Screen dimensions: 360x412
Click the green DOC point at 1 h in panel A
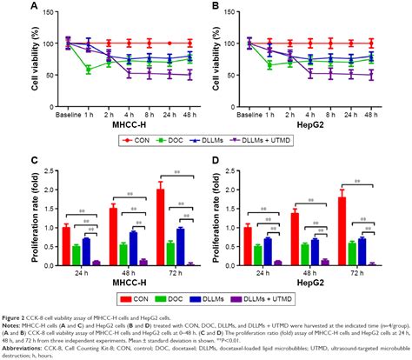coord(88,69)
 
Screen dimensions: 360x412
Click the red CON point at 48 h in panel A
coord(189,42)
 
